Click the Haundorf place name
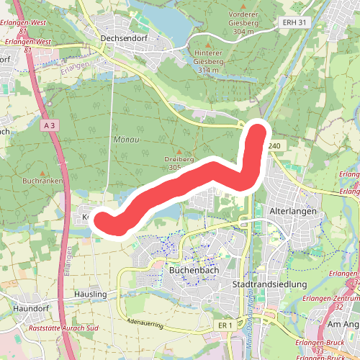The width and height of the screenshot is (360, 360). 29,308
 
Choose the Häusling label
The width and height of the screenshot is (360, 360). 90,295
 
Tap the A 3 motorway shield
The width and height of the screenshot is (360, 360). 49,125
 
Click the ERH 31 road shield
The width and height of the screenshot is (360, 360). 294,22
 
